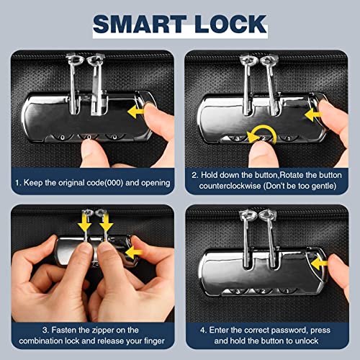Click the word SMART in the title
coord(140,24)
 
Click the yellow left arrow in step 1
coord(136,112)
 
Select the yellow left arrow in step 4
coord(320,264)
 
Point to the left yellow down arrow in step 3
coord(86,222)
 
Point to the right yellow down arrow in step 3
coord(106,222)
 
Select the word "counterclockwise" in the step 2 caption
coord(230,186)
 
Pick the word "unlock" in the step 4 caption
coord(306,341)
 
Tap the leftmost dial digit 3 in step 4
coord(238,292)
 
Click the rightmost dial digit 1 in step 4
coord(287,292)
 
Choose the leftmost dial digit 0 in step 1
coord(63,138)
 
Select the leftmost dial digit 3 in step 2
coord(238,138)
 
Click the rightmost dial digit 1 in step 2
coord(289,138)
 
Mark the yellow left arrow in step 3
coord(134,253)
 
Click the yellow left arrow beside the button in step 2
coord(313,114)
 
